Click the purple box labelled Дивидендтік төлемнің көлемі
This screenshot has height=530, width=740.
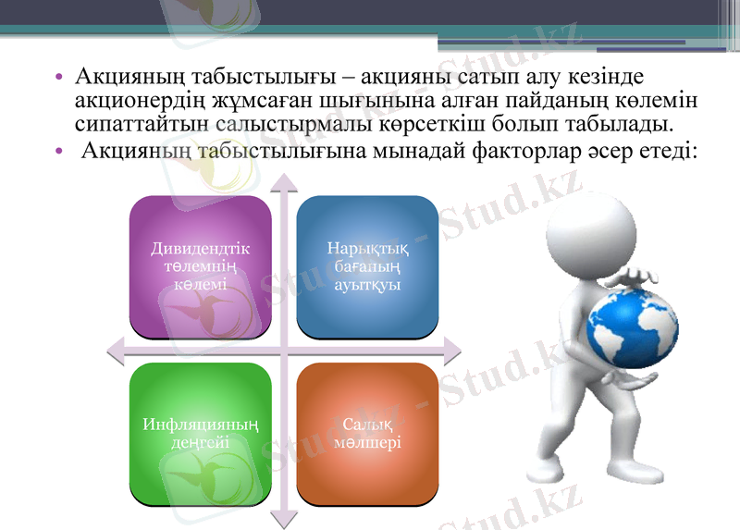coord(200,266)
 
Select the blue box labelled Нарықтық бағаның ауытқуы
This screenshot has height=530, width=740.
coord(367,266)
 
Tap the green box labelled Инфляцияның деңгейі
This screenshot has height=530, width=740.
coord(200,433)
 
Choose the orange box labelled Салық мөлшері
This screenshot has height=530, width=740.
coord(367,433)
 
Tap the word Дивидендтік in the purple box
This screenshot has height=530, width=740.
coord(200,248)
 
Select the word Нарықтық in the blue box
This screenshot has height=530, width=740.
coord(367,248)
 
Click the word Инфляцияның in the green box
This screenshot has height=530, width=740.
coord(200,425)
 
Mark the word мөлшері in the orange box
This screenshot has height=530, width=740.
coord(367,443)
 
